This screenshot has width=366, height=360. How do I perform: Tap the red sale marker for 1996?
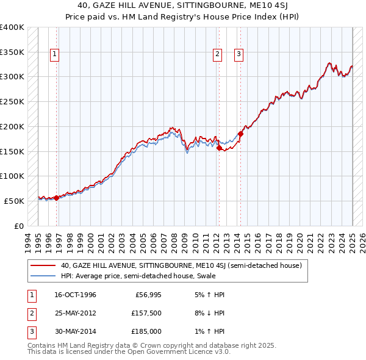(x=57, y=197)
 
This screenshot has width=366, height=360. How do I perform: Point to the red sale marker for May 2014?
(x=240, y=134)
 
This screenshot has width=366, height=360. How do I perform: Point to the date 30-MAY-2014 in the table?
(x=75, y=331)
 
